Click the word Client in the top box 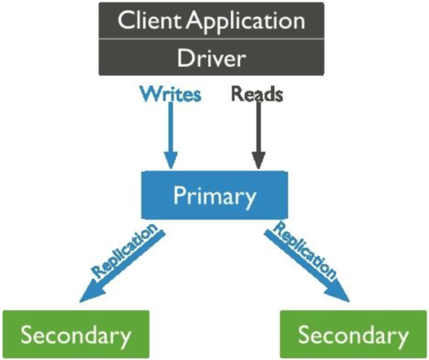pyautogui.click(x=150, y=20)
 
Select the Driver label pyautogui.click(x=211, y=58)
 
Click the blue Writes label pyautogui.click(x=171, y=94)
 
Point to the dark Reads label pyautogui.click(x=257, y=94)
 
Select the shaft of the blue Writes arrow pyautogui.click(x=171, y=127)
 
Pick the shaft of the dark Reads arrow pyautogui.click(x=259, y=127)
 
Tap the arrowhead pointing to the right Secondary pyautogui.click(x=339, y=293)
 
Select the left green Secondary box pyautogui.click(x=76, y=334)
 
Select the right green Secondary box pyautogui.click(x=354, y=334)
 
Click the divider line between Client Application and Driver pyautogui.click(x=211, y=39)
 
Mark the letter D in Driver pyautogui.click(x=186, y=58)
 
